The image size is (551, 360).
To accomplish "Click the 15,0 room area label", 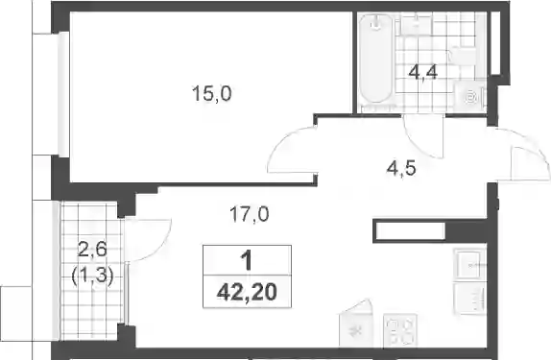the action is point(211,94).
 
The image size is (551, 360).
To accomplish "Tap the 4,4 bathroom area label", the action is point(422,73).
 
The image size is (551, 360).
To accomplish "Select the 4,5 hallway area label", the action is point(401,168).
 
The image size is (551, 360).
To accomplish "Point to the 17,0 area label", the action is point(250,214).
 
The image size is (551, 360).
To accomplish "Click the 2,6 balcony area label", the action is point(92,251).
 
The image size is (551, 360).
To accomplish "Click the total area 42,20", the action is point(247,293).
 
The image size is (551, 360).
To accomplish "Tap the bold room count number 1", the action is point(247,261).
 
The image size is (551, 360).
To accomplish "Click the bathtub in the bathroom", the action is point(376,60).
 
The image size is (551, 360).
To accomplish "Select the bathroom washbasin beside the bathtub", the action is point(416,24).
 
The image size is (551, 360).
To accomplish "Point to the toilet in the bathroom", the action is point(464,57).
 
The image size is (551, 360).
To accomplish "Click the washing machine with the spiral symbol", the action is point(470,97).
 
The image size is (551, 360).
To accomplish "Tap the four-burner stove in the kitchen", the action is point(400,330).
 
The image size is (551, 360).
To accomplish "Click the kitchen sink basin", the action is point(470,264).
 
